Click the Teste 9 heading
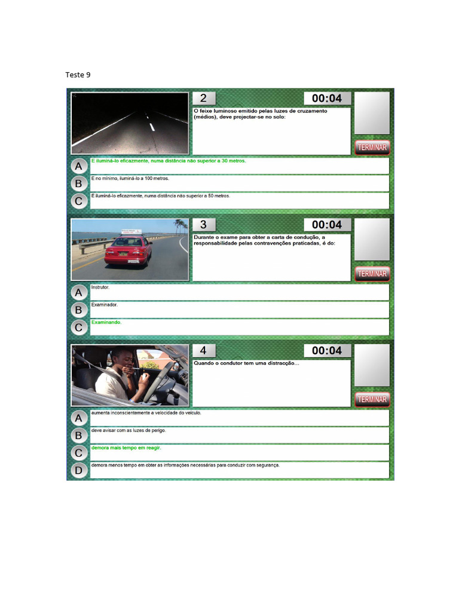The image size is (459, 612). (x=78, y=75)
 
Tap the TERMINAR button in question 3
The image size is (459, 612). (x=372, y=274)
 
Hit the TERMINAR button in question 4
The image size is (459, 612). (x=372, y=399)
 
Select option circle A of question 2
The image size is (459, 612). (x=79, y=166)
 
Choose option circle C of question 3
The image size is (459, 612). (x=79, y=328)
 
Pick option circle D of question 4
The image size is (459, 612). (x=79, y=470)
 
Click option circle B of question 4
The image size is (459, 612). (x=79, y=436)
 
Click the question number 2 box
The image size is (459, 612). (x=204, y=98)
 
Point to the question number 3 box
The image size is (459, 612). (x=204, y=225)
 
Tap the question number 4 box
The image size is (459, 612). (x=204, y=350)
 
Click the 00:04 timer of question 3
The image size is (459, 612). (x=327, y=225)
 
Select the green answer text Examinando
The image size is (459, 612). (x=106, y=322)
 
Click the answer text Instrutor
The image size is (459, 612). (x=100, y=287)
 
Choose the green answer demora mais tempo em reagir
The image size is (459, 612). (x=126, y=448)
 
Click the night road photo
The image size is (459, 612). (x=130, y=123)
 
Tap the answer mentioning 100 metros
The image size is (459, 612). (x=130, y=178)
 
